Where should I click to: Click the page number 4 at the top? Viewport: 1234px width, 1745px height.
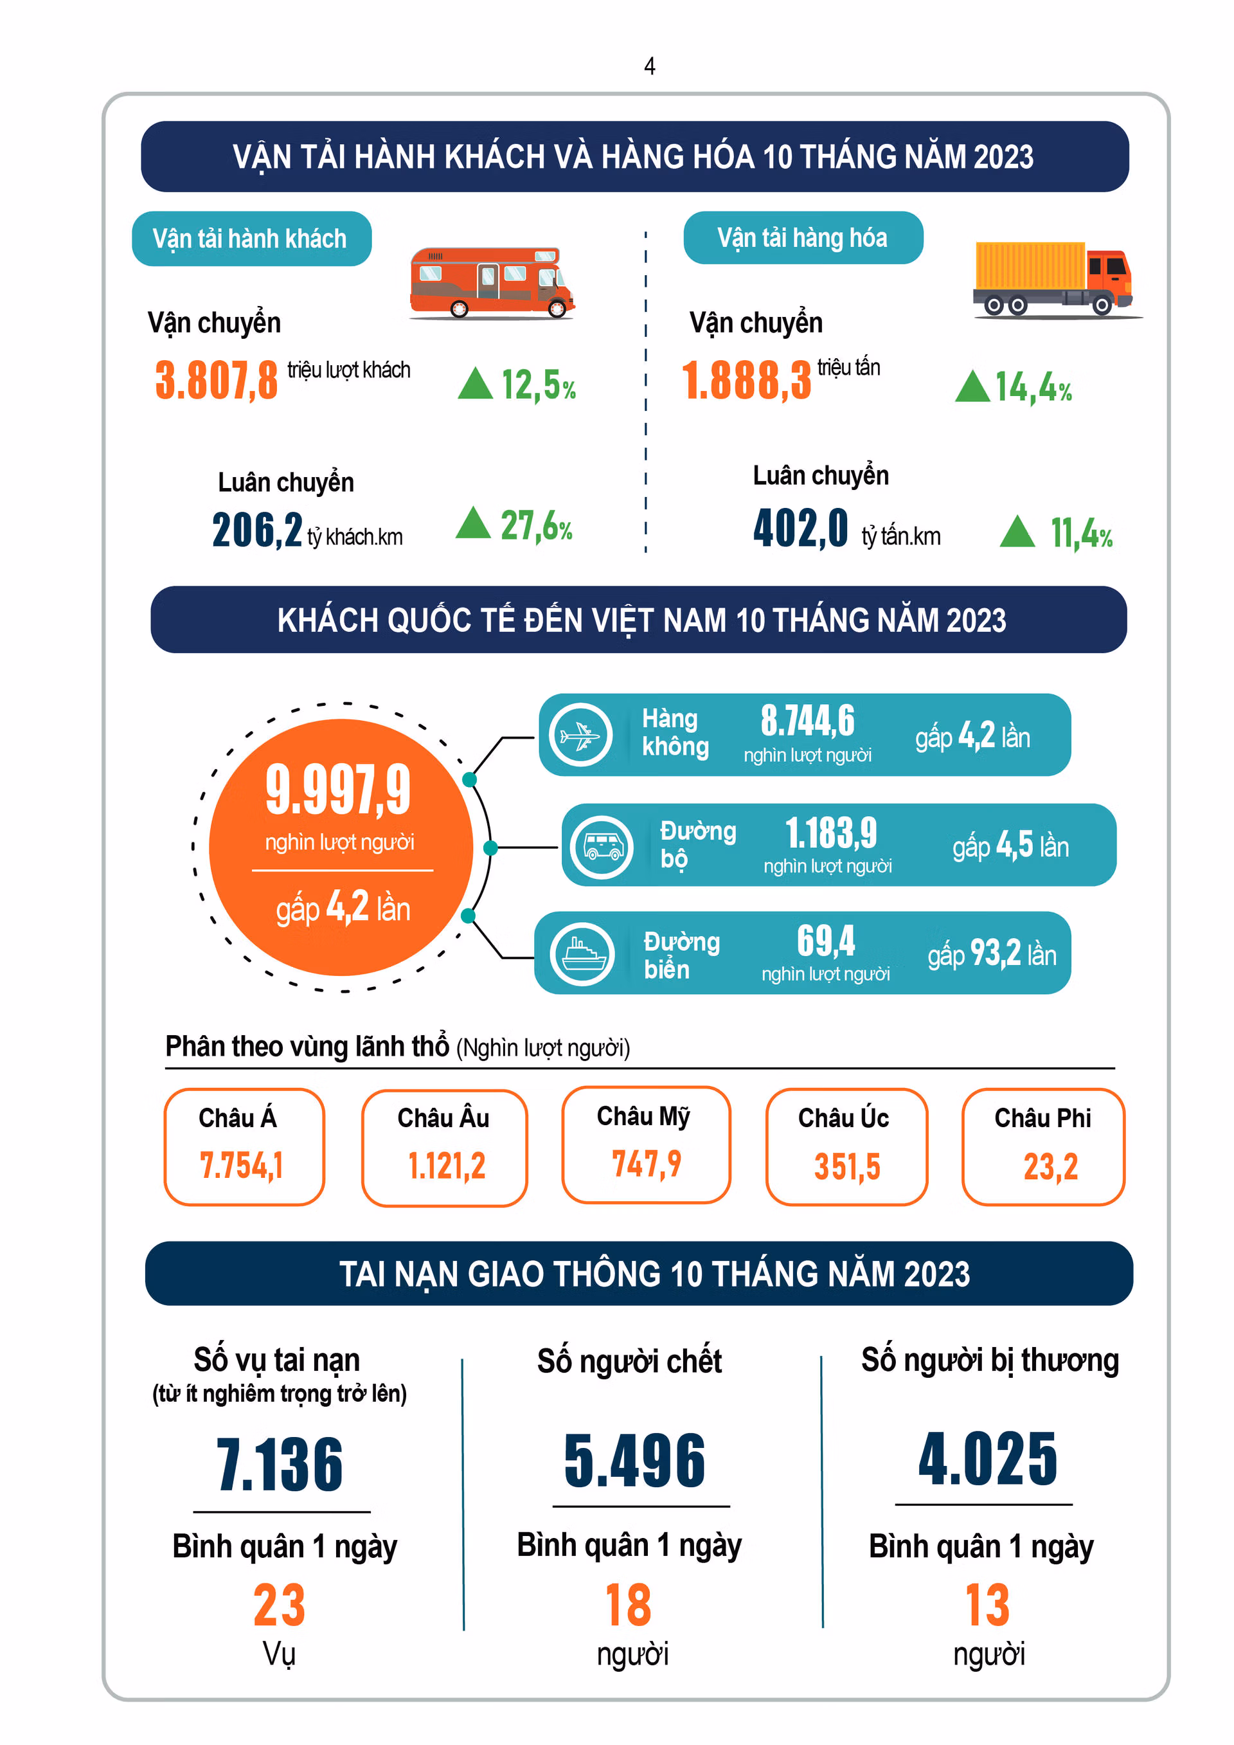pyautogui.click(x=650, y=66)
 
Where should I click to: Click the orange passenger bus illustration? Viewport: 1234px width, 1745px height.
pyautogui.click(x=492, y=283)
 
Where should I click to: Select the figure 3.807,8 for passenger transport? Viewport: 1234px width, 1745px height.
pyautogui.click(x=217, y=380)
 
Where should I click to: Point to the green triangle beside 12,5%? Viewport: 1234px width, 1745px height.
pyautogui.click(x=476, y=383)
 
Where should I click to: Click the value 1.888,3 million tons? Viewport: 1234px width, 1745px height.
pyautogui.click(x=747, y=380)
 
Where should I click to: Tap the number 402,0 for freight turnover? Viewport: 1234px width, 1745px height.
pyautogui.click(x=800, y=529)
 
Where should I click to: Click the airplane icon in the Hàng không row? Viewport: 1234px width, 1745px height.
pyautogui.click(x=580, y=735)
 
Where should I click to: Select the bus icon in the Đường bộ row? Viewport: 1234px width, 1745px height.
pyautogui.click(x=602, y=847)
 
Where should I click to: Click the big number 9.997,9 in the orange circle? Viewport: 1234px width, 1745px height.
pyautogui.click(x=338, y=790)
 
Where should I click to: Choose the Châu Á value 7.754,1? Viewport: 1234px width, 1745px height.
pyautogui.click(x=241, y=1165)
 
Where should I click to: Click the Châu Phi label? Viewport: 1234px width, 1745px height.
pyautogui.click(x=1042, y=1118)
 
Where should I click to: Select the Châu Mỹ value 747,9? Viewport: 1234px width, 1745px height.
pyautogui.click(x=647, y=1164)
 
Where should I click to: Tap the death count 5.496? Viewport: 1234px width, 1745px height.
pyautogui.click(x=635, y=1461)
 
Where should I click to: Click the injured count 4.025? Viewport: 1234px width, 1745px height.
pyautogui.click(x=988, y=1458)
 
